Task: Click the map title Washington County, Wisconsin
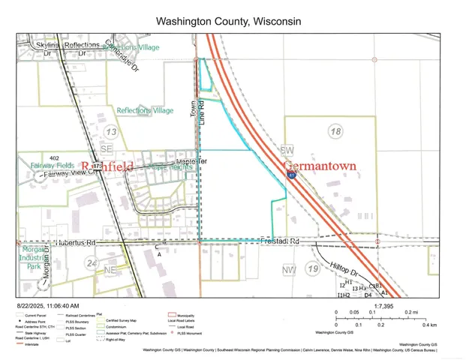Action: click(x=228, y=21)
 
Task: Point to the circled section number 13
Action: click(x=111, y=133)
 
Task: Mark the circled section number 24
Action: click(x=92, y=263)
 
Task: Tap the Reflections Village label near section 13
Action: click(x=145, y=110)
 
